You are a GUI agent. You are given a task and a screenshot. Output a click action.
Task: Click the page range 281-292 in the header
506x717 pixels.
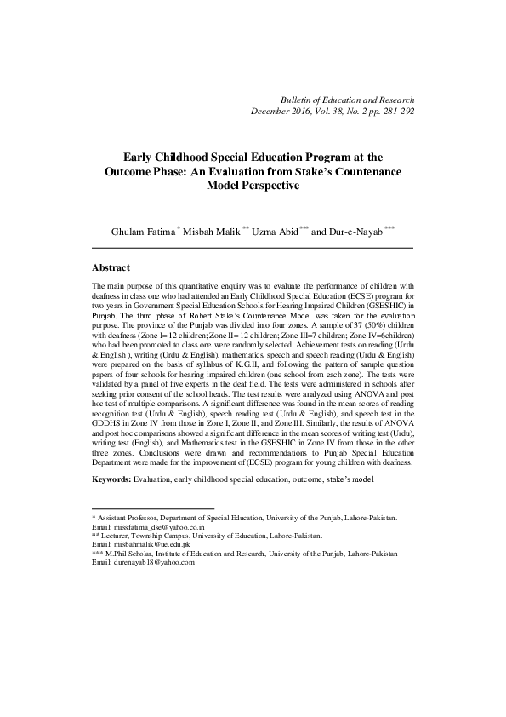395,112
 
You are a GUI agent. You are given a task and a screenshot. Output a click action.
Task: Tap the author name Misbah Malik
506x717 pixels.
213,232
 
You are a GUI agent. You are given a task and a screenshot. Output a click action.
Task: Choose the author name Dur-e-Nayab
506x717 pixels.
356,232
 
